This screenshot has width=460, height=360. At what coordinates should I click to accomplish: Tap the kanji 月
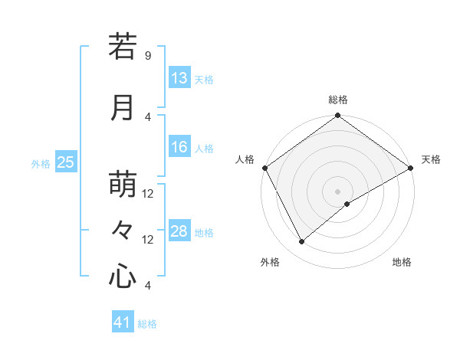(x=123, y=109)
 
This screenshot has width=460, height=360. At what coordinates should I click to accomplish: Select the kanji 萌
(x=123, y=185)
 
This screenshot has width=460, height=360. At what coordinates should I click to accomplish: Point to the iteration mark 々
(x=123, y=230)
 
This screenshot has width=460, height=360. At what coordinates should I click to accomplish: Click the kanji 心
(x=123, y=276)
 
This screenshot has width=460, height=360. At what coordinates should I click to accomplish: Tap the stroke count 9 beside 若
(x=148, y=56)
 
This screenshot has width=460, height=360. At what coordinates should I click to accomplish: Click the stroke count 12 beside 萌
(x=148, y=194)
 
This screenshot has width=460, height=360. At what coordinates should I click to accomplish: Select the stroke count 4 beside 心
(x=148, y=286)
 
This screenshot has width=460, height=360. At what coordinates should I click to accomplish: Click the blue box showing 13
(x=179, y=78)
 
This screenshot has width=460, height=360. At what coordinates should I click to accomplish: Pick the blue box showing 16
(x=179, y=148)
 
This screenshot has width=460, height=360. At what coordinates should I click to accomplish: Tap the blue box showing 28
(x=179, y=232)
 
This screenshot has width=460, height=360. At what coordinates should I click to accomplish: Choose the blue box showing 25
(x=66, y=162)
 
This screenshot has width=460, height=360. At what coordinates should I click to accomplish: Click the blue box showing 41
(x=123, y=323)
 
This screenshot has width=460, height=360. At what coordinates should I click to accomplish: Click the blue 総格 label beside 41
(x=147, y=324)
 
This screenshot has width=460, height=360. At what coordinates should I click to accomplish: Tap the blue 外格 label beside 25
(x=41, y=163)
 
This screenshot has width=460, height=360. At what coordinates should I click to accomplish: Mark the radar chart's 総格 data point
(x=337, y=116)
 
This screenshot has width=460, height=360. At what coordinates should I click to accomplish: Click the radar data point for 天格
(x=411, y=169)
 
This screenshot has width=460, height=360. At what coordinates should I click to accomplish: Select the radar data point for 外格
(x=302, y=242)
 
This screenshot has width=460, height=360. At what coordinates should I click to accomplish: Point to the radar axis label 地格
(x=402, y=263)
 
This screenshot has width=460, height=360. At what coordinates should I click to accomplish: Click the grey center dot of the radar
(x=337, y=191)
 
